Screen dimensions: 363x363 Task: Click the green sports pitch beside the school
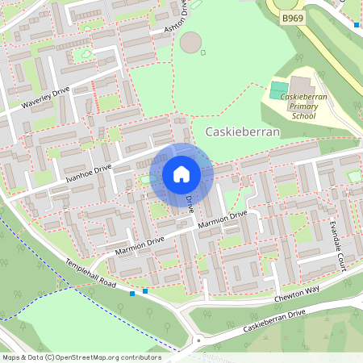(x=279, y=90)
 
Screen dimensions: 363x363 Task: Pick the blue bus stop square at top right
(x=357, y=25)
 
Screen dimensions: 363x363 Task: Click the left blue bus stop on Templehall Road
(x=132, y=294)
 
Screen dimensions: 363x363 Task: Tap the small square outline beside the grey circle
(x=203, y=53)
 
